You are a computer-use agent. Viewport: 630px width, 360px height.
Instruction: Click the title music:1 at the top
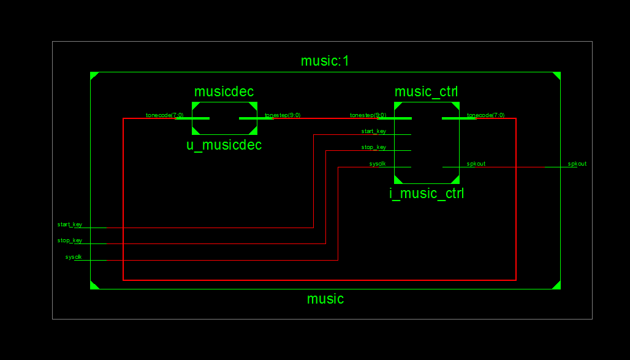[x=325, y=61]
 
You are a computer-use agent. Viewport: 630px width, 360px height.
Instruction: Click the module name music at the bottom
[x=325, y=299]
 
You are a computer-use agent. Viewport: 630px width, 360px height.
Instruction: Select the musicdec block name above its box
[x=224, y=92]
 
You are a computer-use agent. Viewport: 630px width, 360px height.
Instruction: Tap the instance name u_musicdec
[x=224, y=145]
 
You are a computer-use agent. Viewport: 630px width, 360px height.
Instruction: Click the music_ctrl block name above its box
[x=426, y=92]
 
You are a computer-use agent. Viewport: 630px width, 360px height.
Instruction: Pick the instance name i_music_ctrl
[x=427, y=194]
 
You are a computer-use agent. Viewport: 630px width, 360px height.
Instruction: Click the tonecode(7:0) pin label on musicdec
[x=164, y=115]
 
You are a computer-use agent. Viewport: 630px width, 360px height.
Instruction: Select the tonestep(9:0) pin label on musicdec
[x=283, y=115]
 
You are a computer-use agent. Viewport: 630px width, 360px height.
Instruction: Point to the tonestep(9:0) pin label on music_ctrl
[x=368, y=115]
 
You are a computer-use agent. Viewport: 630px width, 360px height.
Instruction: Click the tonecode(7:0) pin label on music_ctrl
[x=486, y=115]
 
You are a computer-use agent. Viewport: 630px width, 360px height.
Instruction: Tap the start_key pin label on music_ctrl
[x=374, y=131]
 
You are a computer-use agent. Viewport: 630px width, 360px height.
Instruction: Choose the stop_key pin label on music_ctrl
[x=374, y=147]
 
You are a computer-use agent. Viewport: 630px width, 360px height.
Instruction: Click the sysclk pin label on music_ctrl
[x=378, y=164]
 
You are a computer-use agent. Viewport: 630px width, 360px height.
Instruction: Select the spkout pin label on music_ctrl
[x=476, y=164]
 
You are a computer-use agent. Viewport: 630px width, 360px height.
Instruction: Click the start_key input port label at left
[x=70, y=224]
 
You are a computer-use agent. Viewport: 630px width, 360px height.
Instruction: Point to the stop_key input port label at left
[x=70, y=240]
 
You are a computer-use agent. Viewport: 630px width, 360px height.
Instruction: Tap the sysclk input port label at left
[x=74, y=257]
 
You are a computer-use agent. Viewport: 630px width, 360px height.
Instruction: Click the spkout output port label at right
[x=577, y=164]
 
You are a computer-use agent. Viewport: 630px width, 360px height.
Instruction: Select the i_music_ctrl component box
[x=427, y=142]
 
